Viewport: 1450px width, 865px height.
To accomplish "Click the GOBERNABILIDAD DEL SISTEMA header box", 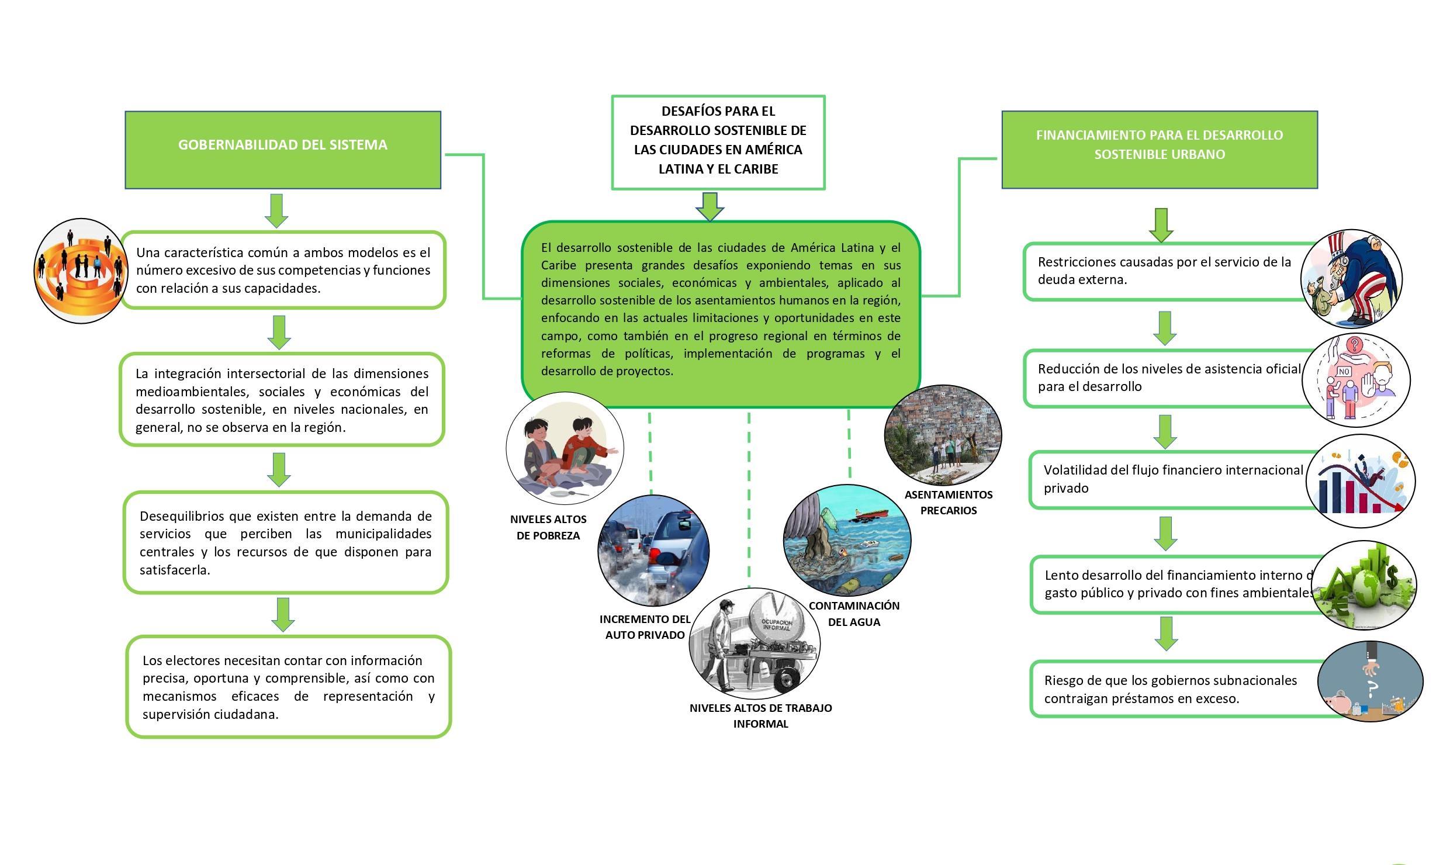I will (x=283, y=150).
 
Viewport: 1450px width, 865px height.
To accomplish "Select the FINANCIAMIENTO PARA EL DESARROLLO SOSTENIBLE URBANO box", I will (x=1160, y=150).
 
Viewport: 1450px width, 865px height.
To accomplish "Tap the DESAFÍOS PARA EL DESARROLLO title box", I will (x=718, y=143).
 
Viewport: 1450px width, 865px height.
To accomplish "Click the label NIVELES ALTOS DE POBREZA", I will (x=548, y=527).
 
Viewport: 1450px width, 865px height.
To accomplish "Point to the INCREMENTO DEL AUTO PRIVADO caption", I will (x=645, y=627).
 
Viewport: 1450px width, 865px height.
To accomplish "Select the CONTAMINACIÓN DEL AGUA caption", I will (x=854, y=614).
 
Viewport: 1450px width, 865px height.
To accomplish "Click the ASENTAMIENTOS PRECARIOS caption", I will (x=949, y=502).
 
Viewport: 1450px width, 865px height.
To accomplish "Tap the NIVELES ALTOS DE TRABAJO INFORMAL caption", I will (x=760, y=715).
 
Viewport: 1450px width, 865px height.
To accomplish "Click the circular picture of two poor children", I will (x=565, y=449).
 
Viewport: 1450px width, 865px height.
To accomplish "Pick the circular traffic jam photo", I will (x=653, y=551).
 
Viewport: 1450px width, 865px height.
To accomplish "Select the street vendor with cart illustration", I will (x=755, y=643).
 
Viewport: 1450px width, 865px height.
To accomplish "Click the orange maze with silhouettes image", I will (x=81, y=271).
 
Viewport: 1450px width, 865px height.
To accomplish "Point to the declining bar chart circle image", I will (x=1360, y=482).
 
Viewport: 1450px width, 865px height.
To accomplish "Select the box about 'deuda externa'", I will (x=1163, y=271).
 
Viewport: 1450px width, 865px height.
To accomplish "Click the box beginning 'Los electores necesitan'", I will (x=289, y=687).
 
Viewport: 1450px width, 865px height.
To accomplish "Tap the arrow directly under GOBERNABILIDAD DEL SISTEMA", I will (x=276, y=210).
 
